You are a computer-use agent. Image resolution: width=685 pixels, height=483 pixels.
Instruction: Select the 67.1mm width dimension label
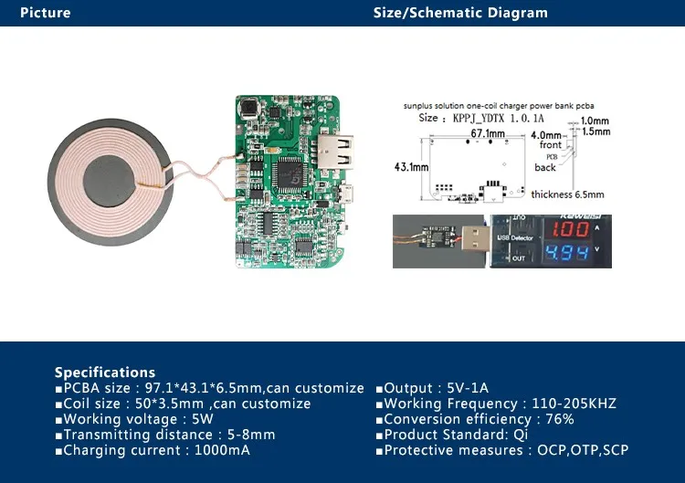(488, 134)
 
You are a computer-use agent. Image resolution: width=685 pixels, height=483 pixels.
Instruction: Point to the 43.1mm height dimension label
(411, 168)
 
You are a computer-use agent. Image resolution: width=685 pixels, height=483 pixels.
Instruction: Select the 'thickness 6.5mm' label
(564, 194)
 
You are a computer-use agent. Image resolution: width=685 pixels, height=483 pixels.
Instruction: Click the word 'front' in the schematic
(551, 145)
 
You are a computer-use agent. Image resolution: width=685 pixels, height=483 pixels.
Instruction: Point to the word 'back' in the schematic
(545, 167)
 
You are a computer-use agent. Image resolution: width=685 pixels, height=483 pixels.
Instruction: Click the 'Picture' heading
(45, 13)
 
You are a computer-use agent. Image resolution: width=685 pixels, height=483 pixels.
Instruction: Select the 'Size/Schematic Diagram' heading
(460, 13)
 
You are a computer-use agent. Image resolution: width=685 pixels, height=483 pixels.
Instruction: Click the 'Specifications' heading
(105, 373)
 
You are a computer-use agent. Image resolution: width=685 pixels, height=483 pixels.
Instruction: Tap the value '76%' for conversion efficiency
(556, 419)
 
